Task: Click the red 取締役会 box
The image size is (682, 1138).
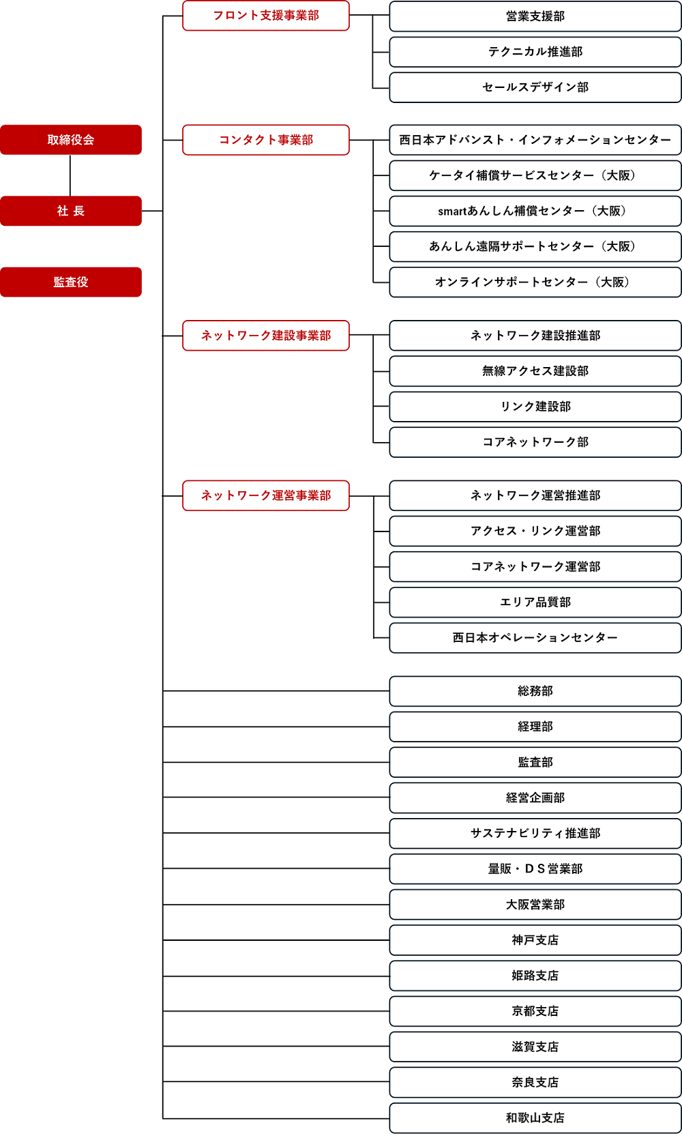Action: (x=70, y=140)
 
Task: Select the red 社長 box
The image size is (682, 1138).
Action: (x=70, y=211)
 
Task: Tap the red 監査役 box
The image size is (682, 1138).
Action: (x=70, y=282)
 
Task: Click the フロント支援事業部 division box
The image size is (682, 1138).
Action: (x=265, y=16)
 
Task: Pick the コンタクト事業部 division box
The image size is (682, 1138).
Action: (x=265, y=140)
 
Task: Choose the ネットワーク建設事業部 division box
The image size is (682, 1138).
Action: (x=265, y=335)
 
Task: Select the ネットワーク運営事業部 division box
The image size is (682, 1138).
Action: (x=265, y=495)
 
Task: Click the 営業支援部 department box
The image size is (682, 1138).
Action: (x=535, y=16)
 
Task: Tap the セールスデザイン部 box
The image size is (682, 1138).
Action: (x=535, y=87)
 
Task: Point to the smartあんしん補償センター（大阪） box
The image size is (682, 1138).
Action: (x=535, y=211)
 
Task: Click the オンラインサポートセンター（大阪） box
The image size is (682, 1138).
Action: (x=535, y=282)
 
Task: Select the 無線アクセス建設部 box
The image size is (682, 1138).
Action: (x=535, y=371)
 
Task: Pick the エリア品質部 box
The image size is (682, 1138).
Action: (x=535, y=602)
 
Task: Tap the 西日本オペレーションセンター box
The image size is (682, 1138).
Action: (x=535, y=638)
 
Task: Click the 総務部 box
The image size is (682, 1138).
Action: (x=535, y=691)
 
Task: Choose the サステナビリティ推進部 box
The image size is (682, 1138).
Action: (x=535, y=833)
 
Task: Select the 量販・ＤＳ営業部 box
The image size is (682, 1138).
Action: (x=535, y=869)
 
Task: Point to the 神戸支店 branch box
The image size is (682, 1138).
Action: (x=535, y=940)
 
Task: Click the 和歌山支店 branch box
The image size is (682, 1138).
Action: (x=535, y=1118)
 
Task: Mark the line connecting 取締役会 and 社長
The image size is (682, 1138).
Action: (x=70, y=175)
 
